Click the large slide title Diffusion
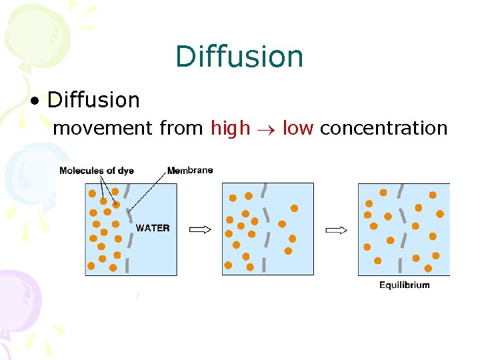(239, 57)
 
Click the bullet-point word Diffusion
(94, 100)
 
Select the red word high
(231, 128)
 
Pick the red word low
(298, 128)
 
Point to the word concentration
(383, 128)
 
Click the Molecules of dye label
(96, 171)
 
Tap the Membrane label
(190, 170)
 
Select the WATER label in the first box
(153, 228)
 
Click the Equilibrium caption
(405, 285)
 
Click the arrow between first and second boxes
(200, 230)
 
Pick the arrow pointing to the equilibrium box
(336, 231)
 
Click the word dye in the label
(126, 171)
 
